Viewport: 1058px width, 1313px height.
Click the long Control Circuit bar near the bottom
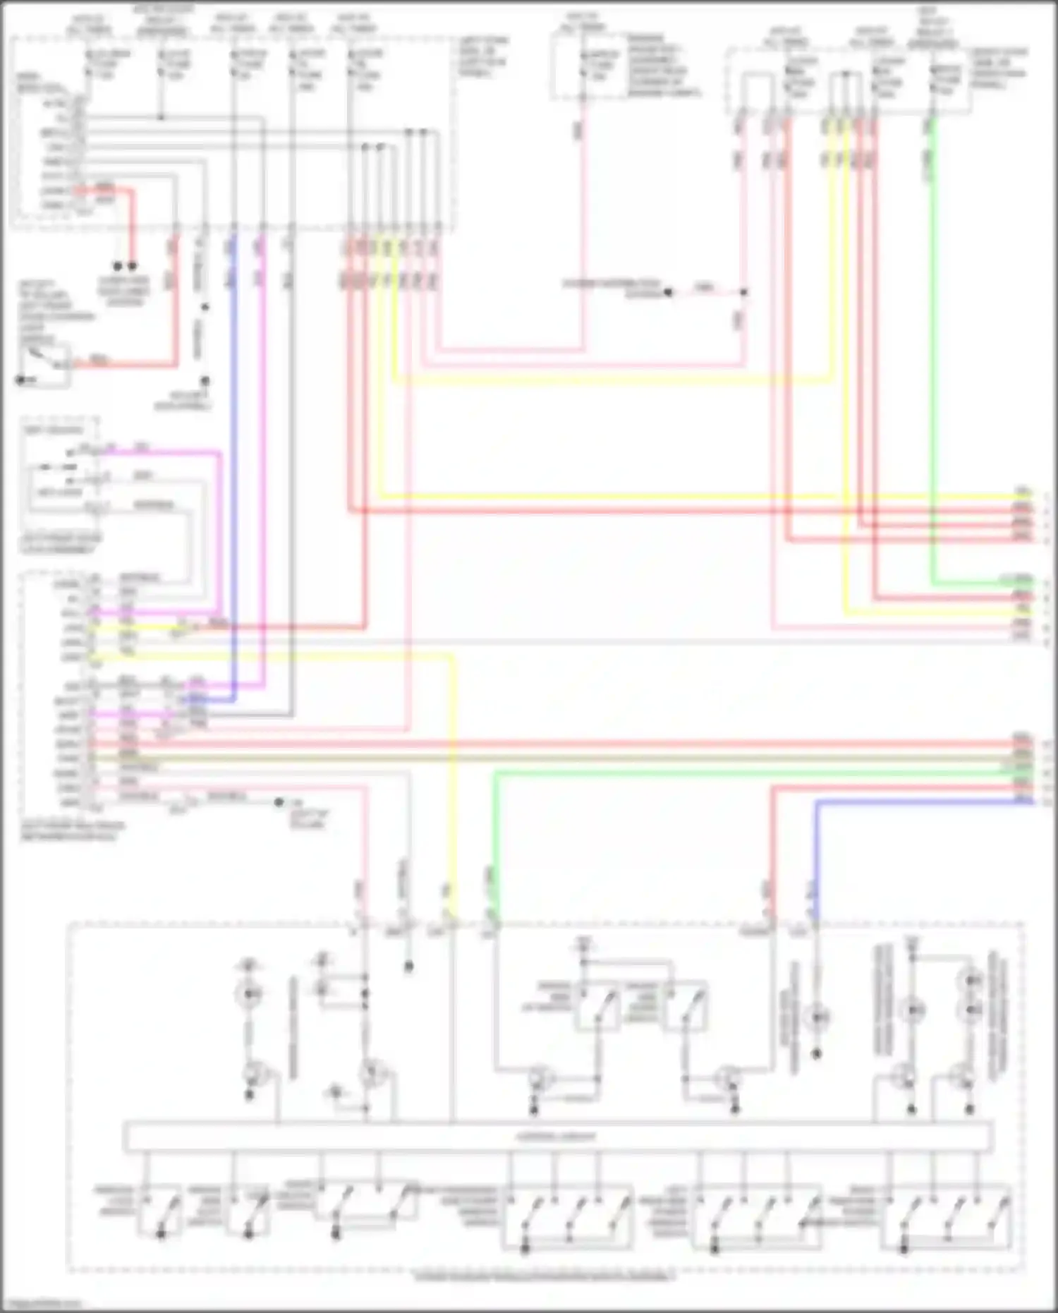point(557,1137)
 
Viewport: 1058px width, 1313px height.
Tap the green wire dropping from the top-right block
point(932,353)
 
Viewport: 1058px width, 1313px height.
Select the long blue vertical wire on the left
point(233,459)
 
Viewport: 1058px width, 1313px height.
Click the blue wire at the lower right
point(917,802)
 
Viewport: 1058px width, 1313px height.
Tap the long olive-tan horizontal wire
point(564,758)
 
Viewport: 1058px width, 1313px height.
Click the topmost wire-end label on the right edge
point(1023,491)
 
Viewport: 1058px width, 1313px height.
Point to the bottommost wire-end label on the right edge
point(1023,800)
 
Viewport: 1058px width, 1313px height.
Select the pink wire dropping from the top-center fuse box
point(583,212)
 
